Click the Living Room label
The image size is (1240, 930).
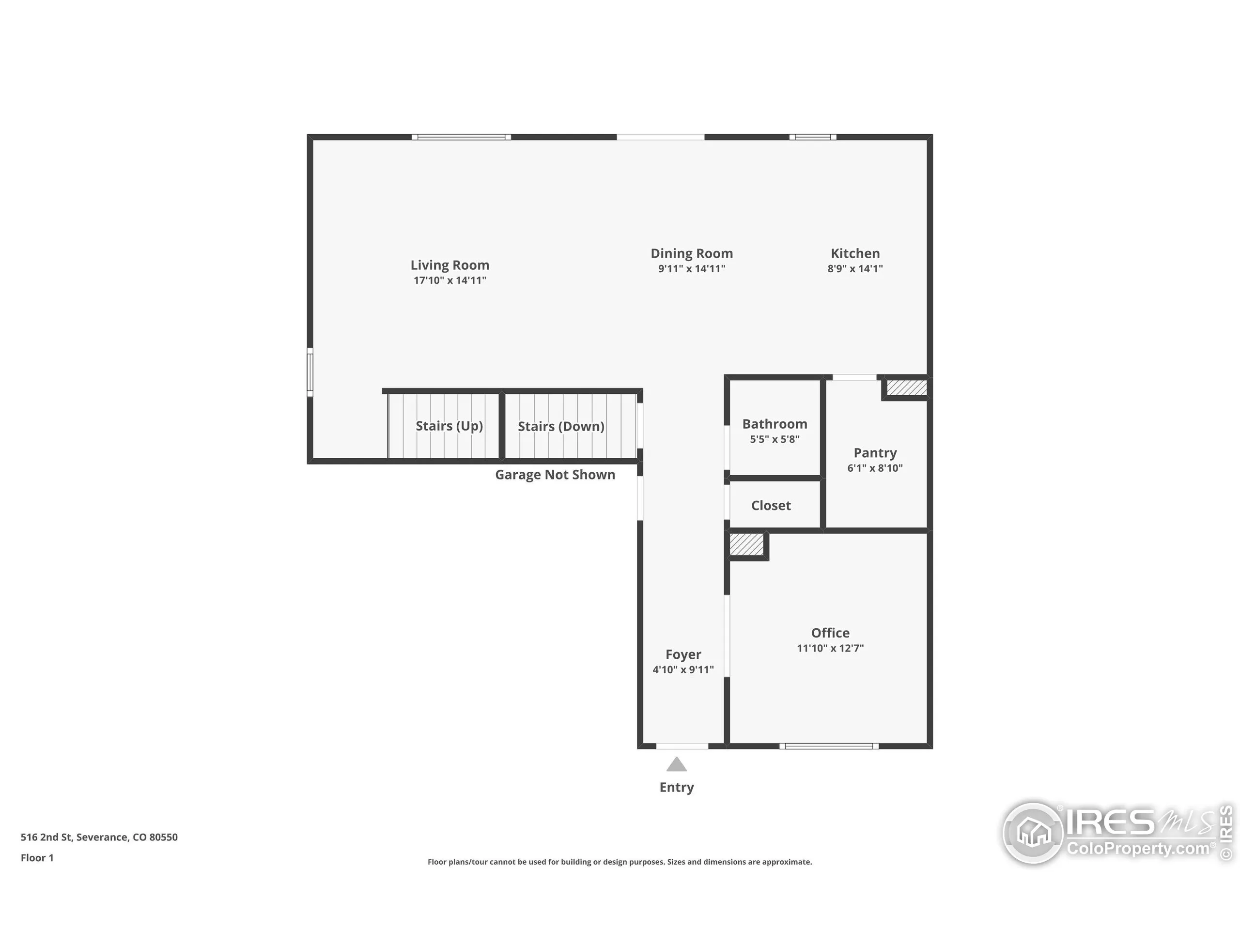pyautogui.click(x=449, y=264)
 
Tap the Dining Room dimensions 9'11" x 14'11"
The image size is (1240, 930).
pyautogui.click(x=691, y=268)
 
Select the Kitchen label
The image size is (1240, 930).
pyautogui.click(x=855, y=253)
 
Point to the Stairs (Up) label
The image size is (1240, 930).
pyautogui.click(x=449, y=426)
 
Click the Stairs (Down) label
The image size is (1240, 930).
pyautogui.click(x=560, y=427)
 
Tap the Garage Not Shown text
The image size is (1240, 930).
pyautogui.click(x=555, y=475)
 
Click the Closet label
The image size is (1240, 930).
pyautogui.click(x=771, y=506)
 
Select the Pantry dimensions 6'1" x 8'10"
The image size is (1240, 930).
pyautogui.click(x=874, y=468)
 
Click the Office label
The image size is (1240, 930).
pyautogui.click(x=830, y=633)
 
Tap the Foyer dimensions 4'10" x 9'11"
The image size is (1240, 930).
pyautogui.click(x=683, y=669)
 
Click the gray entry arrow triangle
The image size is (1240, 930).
pyautogui.click(x=677, y=765)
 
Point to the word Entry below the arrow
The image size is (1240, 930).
pyautogui.click(x=677, y=787)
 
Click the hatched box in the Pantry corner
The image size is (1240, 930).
pyautogui.click(x=906, y=387)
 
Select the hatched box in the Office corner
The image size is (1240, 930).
pyautogui.click(x=747, y=544)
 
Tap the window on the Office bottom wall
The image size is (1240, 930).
pyautogui.click(x=829, y=746)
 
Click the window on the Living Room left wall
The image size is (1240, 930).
pyautogui.click(x=310, y=372)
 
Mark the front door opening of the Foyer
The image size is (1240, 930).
pyautogui.click(x=682, y=746)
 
